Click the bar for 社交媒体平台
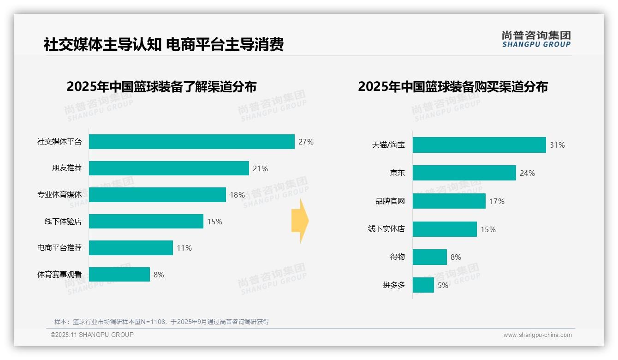coord(191,142)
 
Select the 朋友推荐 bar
coord(169,168)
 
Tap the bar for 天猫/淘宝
coord(479,145)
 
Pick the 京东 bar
coord(464,173)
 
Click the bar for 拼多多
coord(423,285)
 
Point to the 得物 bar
coord(429,257)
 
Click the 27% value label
coord(306,142)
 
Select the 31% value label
coord(557,145)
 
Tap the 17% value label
coord(497,201)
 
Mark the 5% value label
coord(443,285)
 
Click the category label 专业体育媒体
coord(59,195)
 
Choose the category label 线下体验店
coord(63,222)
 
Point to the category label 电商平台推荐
coord(59,248)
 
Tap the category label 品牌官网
coord(390,201)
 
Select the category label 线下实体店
coord(386,229)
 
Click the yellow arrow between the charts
coord(300,221)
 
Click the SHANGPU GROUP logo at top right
coord(536,39)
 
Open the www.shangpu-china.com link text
coord(537,335)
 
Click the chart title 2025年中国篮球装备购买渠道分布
coord(453,87)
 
